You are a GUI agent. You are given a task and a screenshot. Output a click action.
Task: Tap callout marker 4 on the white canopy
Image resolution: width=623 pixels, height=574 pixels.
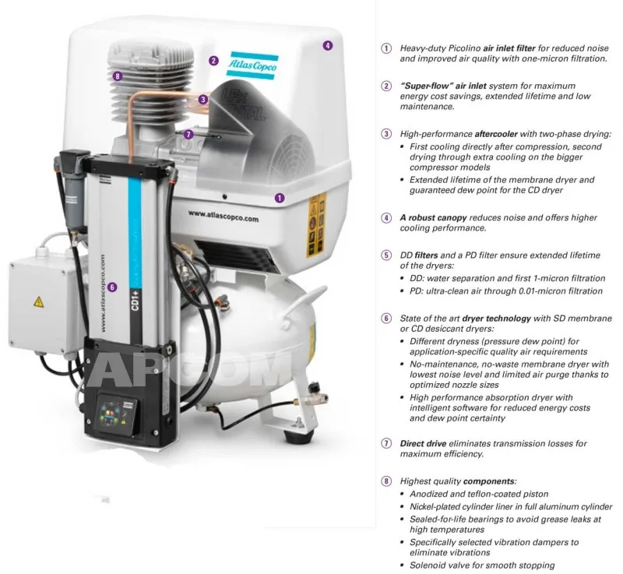(328, 46)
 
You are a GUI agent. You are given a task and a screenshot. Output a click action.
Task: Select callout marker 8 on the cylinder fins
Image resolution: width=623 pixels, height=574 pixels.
(116, 76)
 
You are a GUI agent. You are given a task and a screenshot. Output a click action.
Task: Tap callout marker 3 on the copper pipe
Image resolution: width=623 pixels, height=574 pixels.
(203, 99)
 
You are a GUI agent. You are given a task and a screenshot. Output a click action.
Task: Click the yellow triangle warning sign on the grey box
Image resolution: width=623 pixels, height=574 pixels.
(36, 301)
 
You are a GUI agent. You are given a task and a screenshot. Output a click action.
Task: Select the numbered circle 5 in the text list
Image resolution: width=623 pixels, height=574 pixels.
(385, 255)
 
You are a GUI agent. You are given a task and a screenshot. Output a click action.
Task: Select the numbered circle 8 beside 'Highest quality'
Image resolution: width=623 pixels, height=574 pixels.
(385, 481)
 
